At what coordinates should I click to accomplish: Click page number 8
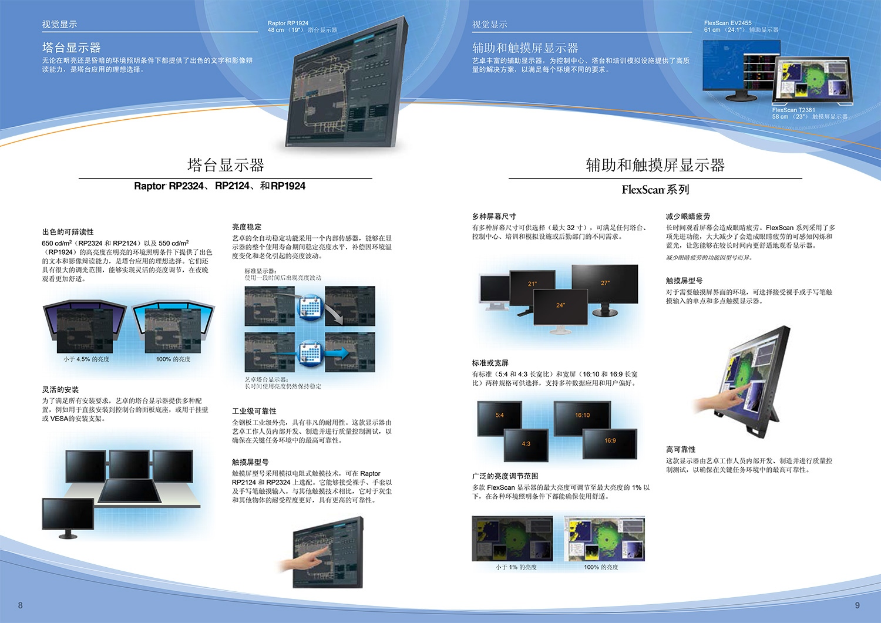click(x=21, y=605)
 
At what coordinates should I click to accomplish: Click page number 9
click(x=858, y=605)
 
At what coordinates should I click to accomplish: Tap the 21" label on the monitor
click(x=532, y=284)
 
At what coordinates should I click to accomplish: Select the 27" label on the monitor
click(x=606, y=283)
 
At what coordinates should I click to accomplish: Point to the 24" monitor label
click(x=560, y=305)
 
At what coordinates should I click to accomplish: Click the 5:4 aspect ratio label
click(x=499, y=415)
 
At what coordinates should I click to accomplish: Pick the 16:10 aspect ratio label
click(x=583, y=415)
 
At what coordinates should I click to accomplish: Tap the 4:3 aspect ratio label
click(x=526, y=444)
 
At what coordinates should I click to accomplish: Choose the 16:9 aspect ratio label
click(x=610, y=440)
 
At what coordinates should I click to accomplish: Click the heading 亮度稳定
click(x=247, y=227)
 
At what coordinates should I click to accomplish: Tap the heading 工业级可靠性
click(x=254, y=411)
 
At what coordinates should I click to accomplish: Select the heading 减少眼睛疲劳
click(x=688, y=216)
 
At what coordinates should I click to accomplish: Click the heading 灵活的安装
click(x=60, y=389)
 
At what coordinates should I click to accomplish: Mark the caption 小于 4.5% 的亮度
click(x=86, y=359)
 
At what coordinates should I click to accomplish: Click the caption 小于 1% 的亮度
click(x=516, y=567)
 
